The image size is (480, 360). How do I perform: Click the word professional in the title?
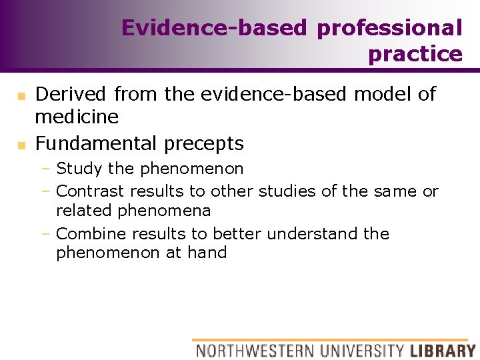[x=389, y=29]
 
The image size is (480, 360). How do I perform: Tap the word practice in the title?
[x=415, y=54]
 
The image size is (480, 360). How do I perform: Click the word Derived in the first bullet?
[x=72, y=94]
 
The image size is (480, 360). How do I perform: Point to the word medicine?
[x=77, y=117]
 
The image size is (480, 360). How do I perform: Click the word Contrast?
[x=90, y=191]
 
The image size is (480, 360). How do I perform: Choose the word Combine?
[x=91, y=234]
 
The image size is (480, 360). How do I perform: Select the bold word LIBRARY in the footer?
[x=443, y=350]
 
